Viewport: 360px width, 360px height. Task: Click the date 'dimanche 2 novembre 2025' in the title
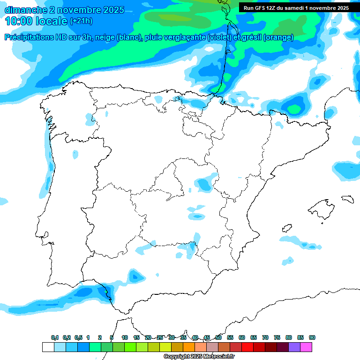[64, 10]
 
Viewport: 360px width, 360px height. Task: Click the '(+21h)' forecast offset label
[81, 21]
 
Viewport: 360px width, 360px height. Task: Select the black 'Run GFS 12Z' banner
[296, 8]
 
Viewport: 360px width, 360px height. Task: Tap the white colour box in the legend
[48, 347]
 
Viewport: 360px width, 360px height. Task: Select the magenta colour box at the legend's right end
[306, 347]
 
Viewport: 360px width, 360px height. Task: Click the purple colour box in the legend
[294, 347]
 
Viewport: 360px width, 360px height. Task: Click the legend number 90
[312, 337]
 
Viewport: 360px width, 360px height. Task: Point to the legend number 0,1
[55, 337]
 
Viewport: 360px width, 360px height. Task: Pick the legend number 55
[230, 337]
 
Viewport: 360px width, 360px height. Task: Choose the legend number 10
[125, 337]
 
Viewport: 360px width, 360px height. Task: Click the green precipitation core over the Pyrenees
[294, 109]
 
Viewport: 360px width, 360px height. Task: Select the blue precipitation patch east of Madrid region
[204, 184]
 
